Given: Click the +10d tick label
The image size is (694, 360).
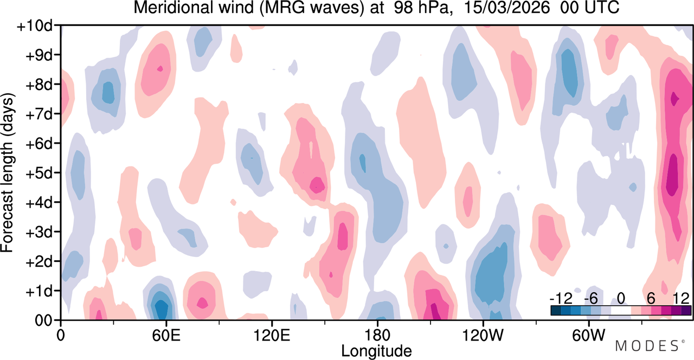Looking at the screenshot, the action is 35,26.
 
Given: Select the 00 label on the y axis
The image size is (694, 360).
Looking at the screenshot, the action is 43,320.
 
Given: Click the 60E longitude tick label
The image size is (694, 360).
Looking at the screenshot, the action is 166,335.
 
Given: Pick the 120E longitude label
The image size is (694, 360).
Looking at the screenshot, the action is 272,335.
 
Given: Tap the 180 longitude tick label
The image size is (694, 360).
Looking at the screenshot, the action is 377,335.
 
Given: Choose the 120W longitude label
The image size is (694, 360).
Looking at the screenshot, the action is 483,335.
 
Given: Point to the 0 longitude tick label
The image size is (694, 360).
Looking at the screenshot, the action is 61,335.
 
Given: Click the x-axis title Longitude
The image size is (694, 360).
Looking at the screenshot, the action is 376,351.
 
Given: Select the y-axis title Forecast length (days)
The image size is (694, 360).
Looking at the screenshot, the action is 8,172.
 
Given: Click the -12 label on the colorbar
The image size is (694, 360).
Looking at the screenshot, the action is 561,299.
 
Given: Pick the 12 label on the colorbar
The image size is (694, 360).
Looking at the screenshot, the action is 681,299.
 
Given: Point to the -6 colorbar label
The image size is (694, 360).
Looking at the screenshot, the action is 590,299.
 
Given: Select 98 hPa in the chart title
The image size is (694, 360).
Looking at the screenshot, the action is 421,8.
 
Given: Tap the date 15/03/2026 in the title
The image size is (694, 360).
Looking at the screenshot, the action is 507,8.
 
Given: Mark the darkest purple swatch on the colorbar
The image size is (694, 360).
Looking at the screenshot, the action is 686,311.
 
